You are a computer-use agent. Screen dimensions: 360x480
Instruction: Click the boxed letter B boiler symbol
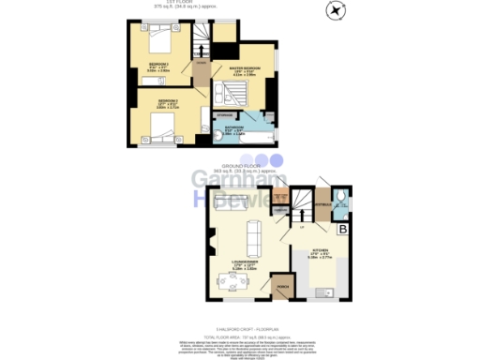343,228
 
